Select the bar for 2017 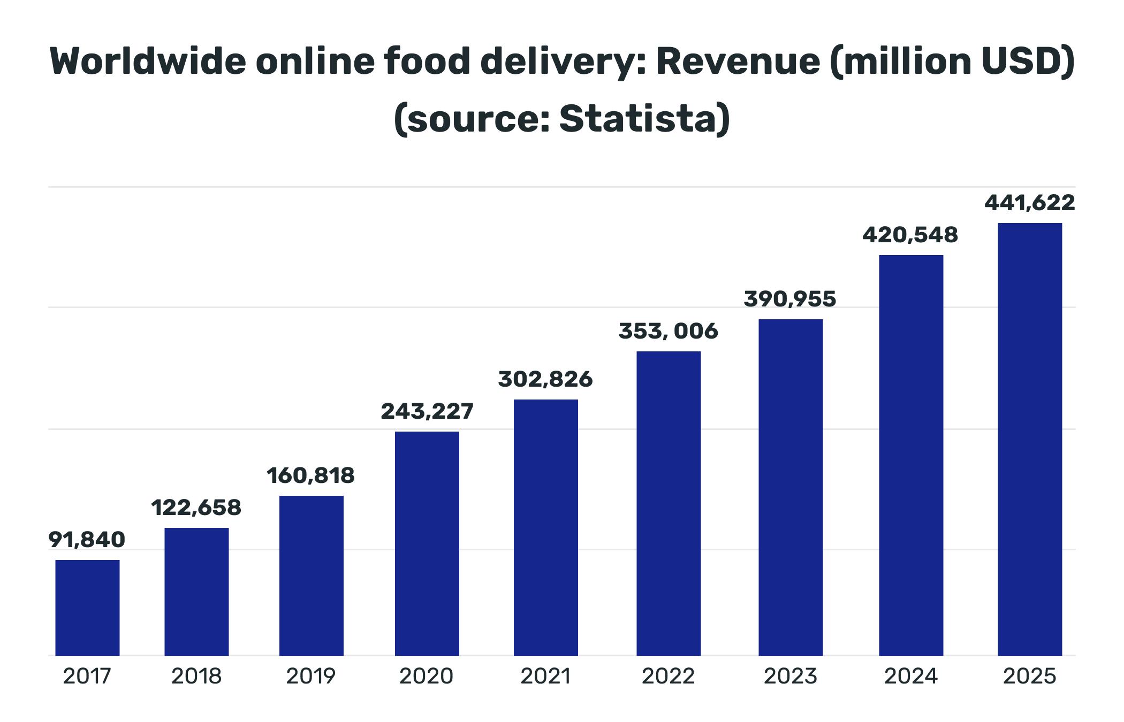(87, 608)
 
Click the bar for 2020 (427, 543)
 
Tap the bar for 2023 (791, 487)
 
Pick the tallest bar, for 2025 (1029, 439)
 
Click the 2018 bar (196, 592)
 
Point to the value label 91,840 (87, 540)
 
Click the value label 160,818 (310, 475)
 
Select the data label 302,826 (545, 379)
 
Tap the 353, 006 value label (668, 331)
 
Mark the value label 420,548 (910, 235)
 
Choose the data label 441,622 (1029, 203)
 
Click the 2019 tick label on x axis (310, 677)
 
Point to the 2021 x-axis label (545, 677)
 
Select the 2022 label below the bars (668, 677)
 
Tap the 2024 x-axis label (910, 677)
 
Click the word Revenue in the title (738, 62)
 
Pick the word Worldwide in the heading (148, 62)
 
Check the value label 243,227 (427, 411)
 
